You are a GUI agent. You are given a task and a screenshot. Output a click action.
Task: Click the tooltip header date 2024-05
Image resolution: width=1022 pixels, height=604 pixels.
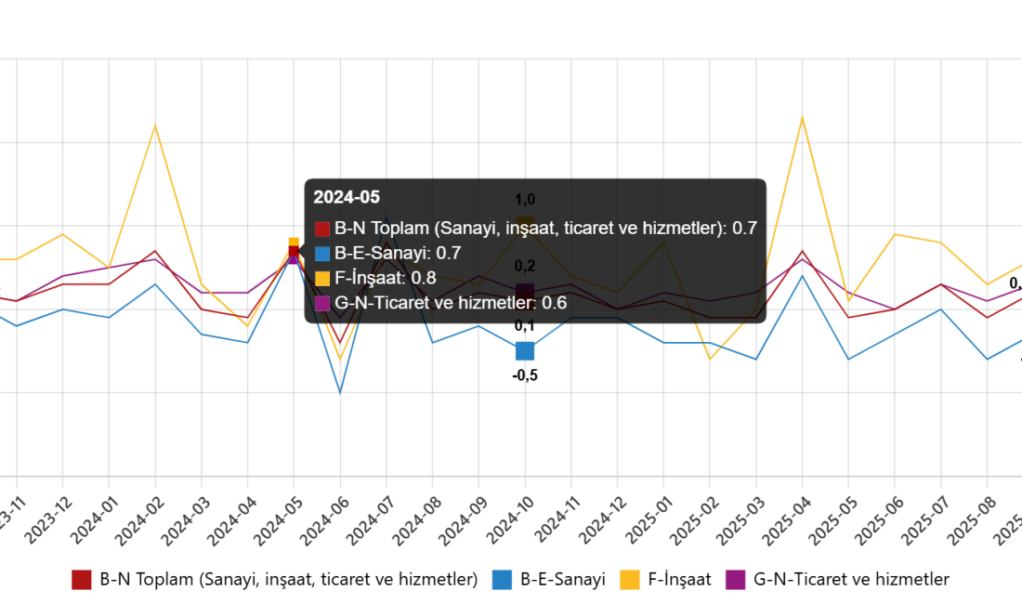[347, 197]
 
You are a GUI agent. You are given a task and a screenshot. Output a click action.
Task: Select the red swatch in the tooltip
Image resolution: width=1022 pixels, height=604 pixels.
[322, 229]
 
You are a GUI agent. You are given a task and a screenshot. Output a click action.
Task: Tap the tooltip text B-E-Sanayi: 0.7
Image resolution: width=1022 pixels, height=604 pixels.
[398, 253]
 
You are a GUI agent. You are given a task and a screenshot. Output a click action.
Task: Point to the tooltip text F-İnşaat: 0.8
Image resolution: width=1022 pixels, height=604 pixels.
[385, 278]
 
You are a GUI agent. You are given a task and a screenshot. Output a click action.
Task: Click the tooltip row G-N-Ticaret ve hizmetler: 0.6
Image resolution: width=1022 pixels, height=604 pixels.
[450, 303]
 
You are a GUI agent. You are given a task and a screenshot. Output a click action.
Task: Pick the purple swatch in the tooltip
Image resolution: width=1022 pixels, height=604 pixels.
[322, 303]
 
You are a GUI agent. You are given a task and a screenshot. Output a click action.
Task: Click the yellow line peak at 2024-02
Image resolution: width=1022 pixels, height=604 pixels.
[155, 125]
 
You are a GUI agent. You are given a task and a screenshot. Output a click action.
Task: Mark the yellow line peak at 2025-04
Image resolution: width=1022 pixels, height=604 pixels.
[802, 116]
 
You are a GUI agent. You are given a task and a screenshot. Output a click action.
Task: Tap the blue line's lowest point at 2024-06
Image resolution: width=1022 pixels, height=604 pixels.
[340, 394]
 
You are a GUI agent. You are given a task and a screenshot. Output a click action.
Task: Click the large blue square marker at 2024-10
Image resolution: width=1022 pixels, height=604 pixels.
[525, 351]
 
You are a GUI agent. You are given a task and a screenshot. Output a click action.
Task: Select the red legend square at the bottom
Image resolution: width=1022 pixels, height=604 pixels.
[82, 580]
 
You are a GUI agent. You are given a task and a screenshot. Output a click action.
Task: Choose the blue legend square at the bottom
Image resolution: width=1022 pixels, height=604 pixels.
[502, 580]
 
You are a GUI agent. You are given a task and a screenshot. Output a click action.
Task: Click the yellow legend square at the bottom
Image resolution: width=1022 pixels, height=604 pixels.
[629, 580]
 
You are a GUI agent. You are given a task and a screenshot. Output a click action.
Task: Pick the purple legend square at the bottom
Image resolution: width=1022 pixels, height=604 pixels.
[735, 580]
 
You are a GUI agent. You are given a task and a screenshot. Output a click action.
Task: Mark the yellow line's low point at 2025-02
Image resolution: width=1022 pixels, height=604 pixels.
[710, 360]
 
